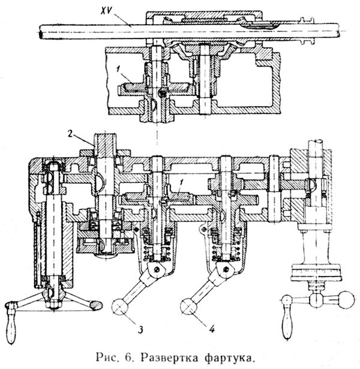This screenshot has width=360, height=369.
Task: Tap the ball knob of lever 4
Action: [190, 307]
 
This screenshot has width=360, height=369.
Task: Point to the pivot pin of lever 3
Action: [157, 271]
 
